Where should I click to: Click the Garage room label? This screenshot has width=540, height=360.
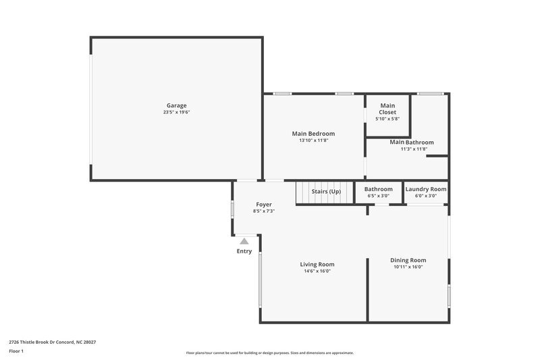(176, 105)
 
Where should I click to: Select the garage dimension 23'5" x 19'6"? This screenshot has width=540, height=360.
(176, 112)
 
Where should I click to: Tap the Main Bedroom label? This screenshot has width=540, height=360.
(313, 134)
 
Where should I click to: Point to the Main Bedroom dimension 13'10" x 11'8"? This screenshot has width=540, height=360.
(313, 140)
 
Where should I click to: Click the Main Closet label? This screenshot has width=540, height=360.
(387, 109)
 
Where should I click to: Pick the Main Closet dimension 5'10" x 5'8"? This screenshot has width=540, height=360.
(387, 119)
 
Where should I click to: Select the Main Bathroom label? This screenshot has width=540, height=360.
(411, 143)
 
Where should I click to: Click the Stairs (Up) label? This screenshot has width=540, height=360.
(326, 191)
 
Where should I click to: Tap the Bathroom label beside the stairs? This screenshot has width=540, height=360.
(378, 189)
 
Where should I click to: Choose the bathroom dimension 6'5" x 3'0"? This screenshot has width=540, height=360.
(378, 196)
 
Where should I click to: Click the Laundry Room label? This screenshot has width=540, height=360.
(426, 189)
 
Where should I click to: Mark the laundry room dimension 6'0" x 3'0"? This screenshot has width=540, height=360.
(426, 196)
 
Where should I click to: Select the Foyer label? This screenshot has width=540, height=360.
(263, 204)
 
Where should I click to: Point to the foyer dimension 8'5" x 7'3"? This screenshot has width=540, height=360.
(263, 211)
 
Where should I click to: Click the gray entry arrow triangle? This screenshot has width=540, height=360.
(244, 241)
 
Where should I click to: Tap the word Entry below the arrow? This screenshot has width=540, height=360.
(244, 251)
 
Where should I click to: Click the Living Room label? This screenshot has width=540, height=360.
(317, 264)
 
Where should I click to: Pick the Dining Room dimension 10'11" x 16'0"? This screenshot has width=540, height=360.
(408, 267)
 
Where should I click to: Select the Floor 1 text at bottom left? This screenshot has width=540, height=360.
(16, 352)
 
